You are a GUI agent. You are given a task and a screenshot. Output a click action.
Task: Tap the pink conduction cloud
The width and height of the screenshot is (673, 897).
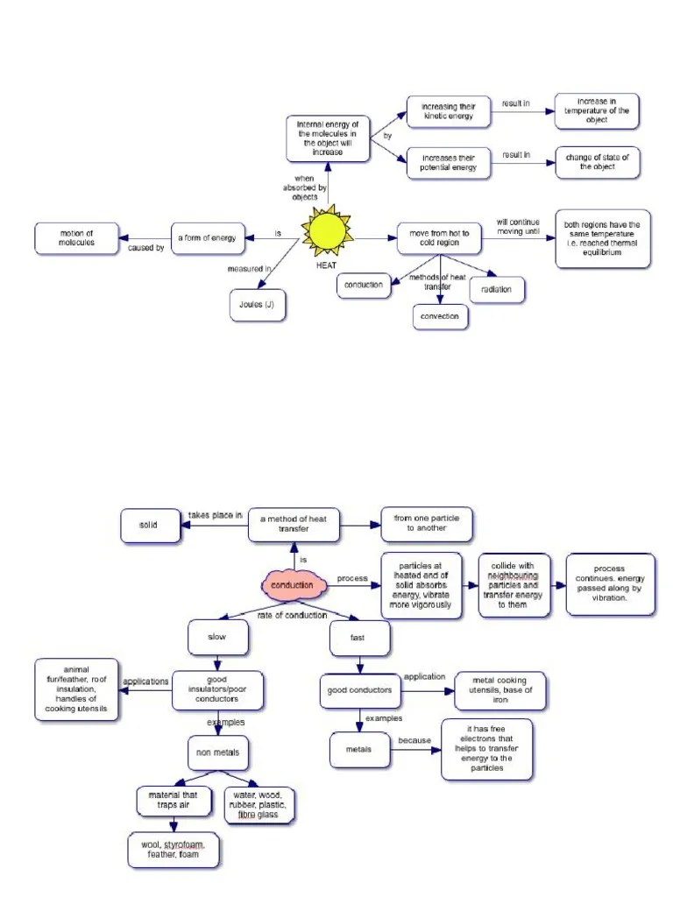coord(292,584)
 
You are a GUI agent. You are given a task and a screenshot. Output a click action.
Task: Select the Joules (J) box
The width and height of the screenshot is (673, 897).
coord(256,306)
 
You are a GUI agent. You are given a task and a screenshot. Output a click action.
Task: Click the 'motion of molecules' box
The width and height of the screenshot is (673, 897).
coord(76,237)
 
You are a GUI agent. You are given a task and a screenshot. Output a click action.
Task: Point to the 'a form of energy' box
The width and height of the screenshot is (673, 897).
coord(207,237)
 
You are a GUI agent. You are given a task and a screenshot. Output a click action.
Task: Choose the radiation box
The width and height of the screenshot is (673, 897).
coord(497,289)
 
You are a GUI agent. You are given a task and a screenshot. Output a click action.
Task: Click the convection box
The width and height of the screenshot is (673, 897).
coord(440,315)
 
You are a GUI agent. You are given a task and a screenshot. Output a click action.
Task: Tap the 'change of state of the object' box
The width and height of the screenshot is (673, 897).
coord(598,161)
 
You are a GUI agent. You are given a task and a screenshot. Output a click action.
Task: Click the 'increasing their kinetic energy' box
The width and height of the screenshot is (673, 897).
coord(449,111)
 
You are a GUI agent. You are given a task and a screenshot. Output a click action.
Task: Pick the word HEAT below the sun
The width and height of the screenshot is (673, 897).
coord(327,265)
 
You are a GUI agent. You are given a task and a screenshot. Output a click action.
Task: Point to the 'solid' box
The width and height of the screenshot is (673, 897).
coord(148,525)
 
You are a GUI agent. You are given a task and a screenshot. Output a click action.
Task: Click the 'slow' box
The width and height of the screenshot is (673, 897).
coord(213,637)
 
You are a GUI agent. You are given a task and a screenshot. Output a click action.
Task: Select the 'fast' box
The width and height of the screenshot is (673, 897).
coord(358,638)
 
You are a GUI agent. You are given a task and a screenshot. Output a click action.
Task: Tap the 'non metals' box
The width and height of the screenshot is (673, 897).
coord(218,752)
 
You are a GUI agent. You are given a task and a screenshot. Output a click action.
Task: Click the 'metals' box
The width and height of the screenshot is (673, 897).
coord(358,749)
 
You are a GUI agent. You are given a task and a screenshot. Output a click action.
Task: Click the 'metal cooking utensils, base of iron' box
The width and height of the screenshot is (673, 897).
coord(500,690)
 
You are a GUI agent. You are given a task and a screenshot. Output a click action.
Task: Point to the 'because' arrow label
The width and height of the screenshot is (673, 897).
coord(414,740)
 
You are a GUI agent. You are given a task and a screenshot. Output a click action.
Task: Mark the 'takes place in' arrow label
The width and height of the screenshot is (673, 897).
coord(215,515)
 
